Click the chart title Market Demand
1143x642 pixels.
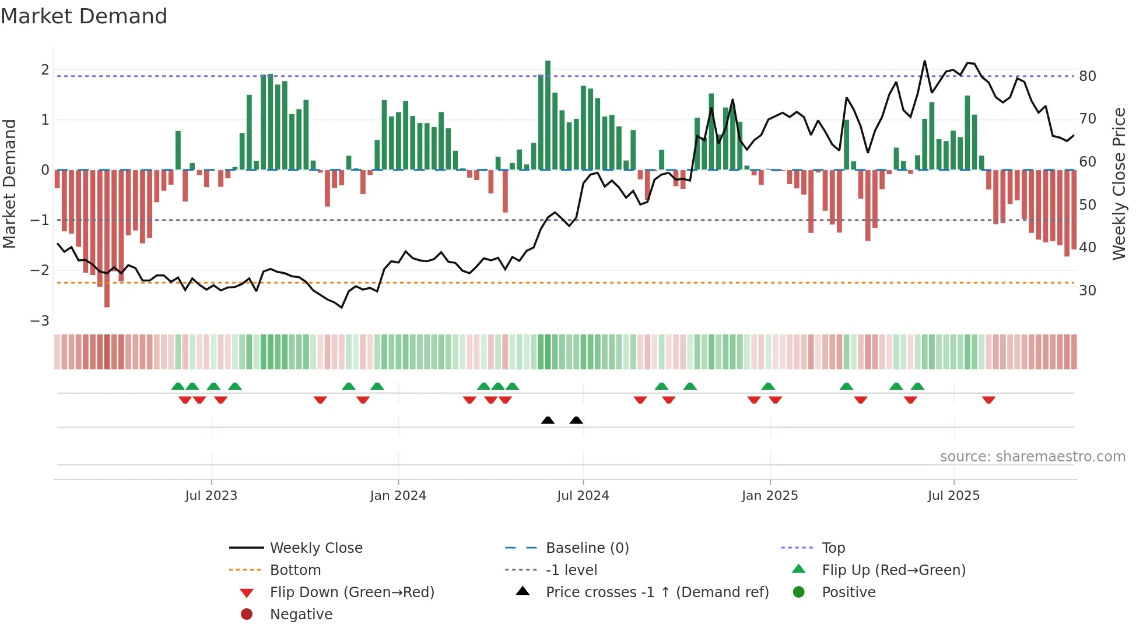[x=84, y=16]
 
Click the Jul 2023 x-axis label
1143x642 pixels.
[x=211, y=496]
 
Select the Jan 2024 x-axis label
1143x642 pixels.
[x=398, y=496]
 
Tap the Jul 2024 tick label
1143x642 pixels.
[x=583, y=496]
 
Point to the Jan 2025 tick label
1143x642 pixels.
[x=770, y=496]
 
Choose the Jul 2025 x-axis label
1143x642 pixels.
[x=953, y=496]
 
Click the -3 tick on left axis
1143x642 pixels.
[x=40, y=321]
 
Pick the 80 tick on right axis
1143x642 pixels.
[x=1088, y=76]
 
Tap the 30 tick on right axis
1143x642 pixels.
[x=1088, y=290]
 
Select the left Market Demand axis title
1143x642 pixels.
[x=9, y=184]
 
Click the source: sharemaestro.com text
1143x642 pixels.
[x=1032, y=457]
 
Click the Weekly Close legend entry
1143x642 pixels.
[x=315, y=548]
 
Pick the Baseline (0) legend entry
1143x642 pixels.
[x=587, y=548]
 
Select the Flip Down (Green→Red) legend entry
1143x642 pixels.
[x=352, y=592]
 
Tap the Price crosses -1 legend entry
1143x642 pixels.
[x=657, y=592]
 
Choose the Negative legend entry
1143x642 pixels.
[x=301, y=615]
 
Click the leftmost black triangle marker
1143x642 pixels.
[x=548, y=421]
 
